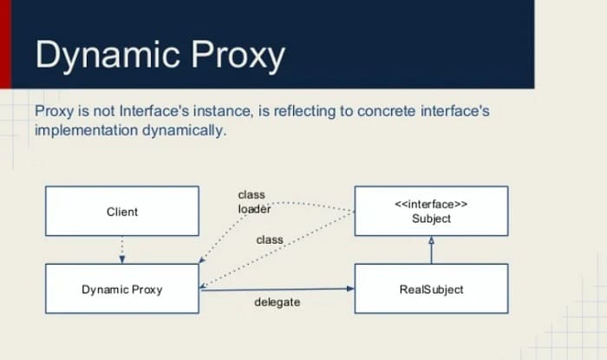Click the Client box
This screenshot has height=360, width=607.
122,211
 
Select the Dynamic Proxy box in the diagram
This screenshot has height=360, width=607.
122,289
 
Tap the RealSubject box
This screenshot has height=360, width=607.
431,289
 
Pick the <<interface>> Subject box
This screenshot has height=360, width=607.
431,211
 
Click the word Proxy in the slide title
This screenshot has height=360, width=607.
238,56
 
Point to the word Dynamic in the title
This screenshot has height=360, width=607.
108,56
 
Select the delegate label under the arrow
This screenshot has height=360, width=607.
277,302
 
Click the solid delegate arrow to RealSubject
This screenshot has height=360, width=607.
277,289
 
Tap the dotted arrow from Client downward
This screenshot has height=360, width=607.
122,250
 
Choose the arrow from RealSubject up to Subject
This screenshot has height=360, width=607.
431,250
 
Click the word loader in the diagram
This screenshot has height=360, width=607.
254,209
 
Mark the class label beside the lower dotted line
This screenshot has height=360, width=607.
270,240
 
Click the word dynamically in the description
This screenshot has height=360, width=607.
184,130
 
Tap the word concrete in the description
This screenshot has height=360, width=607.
387,112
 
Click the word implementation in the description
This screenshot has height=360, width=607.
87,130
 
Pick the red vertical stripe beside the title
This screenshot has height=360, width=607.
6,43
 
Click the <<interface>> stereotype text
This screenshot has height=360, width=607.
431,204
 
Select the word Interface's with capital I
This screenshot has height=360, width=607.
154,111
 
